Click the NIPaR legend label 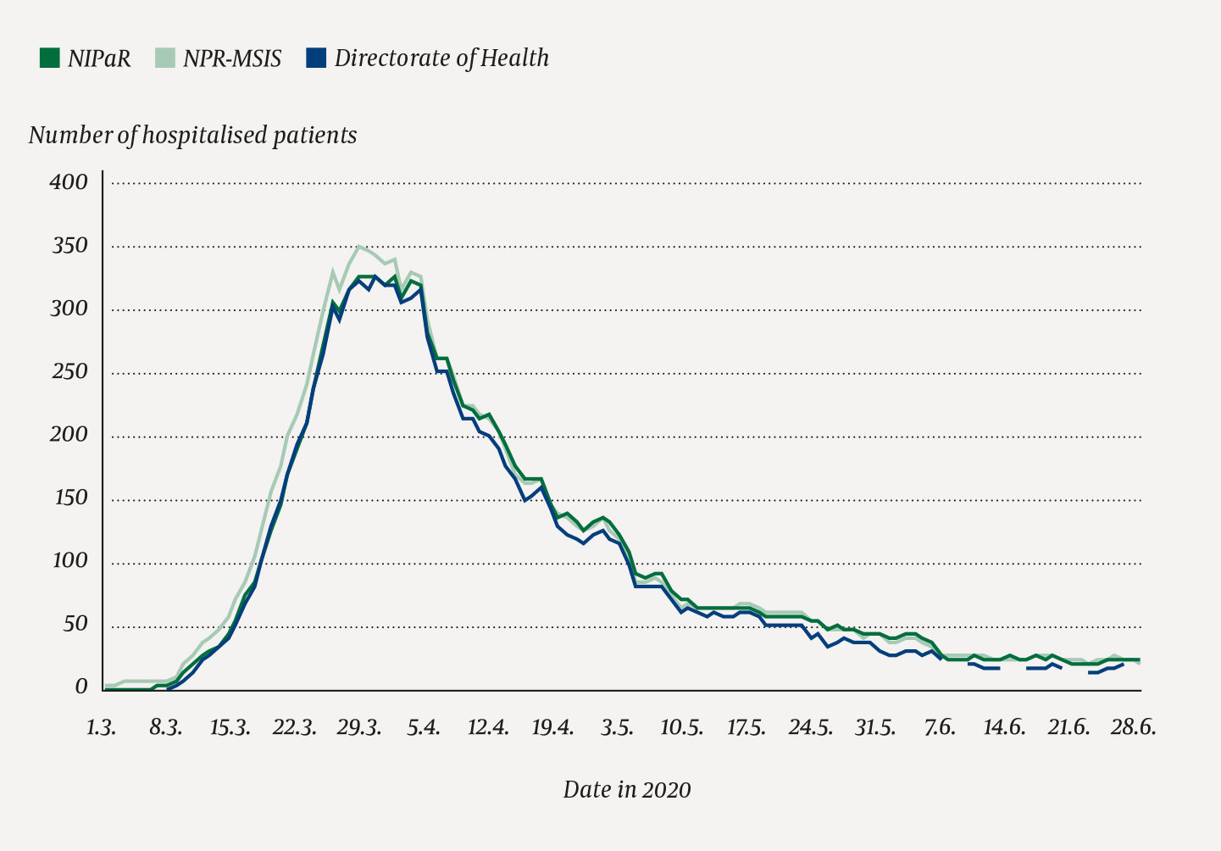(99, 58)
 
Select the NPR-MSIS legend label (231, 58)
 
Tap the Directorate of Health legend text (441, 58)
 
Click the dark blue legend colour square (315, 58)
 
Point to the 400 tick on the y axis (68, 182)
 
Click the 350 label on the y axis (68, 246)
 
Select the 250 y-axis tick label (68, 372)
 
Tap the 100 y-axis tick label (68, 561)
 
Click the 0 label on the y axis (81, 687)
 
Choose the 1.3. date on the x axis (101, 728)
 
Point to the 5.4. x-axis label (424, 728)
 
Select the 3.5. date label (617, 728)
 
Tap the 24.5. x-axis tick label (810, 728)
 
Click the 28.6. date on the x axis (1134, 728)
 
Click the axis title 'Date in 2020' (627, 790)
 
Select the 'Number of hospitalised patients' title (192, 136)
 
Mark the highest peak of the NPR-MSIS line (358, 246)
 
